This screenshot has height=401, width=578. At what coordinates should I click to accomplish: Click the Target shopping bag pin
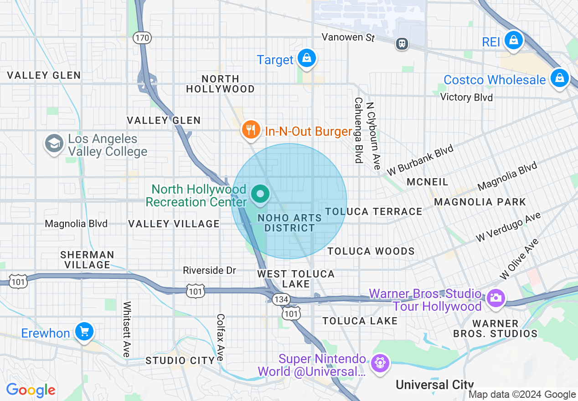307,59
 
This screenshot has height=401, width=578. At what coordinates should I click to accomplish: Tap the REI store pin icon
514,41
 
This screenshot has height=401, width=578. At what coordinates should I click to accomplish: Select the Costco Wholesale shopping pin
559,78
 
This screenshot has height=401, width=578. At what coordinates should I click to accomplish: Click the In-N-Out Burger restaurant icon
250,130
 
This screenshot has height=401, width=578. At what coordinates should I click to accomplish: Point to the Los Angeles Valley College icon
54,144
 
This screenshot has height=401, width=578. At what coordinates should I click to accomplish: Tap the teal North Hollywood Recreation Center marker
260,195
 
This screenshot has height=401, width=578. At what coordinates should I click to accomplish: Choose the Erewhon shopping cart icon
84,331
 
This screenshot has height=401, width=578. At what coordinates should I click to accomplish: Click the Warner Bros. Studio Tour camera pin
495,298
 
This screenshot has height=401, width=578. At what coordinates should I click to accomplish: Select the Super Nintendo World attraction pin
379,363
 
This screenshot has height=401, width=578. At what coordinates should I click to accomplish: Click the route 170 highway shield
142,38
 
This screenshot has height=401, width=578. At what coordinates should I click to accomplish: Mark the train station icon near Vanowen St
402,44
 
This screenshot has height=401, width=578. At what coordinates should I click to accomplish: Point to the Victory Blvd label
466,97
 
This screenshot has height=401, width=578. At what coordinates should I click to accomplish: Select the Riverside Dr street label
209,270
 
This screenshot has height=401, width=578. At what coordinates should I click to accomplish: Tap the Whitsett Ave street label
127,329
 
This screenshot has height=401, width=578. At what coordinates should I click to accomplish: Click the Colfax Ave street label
221,337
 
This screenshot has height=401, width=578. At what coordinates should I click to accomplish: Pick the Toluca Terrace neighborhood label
374,211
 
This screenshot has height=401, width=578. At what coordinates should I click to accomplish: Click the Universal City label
434,385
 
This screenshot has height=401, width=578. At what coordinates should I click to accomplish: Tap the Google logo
31,390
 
